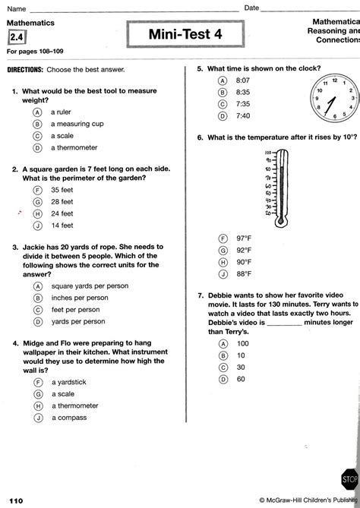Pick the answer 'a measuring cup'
click(x=77, y=124)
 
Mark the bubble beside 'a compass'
click(x=36, y=418)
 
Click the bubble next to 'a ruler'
click(x=36, y=112)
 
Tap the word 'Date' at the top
click(x=252, y=7)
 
